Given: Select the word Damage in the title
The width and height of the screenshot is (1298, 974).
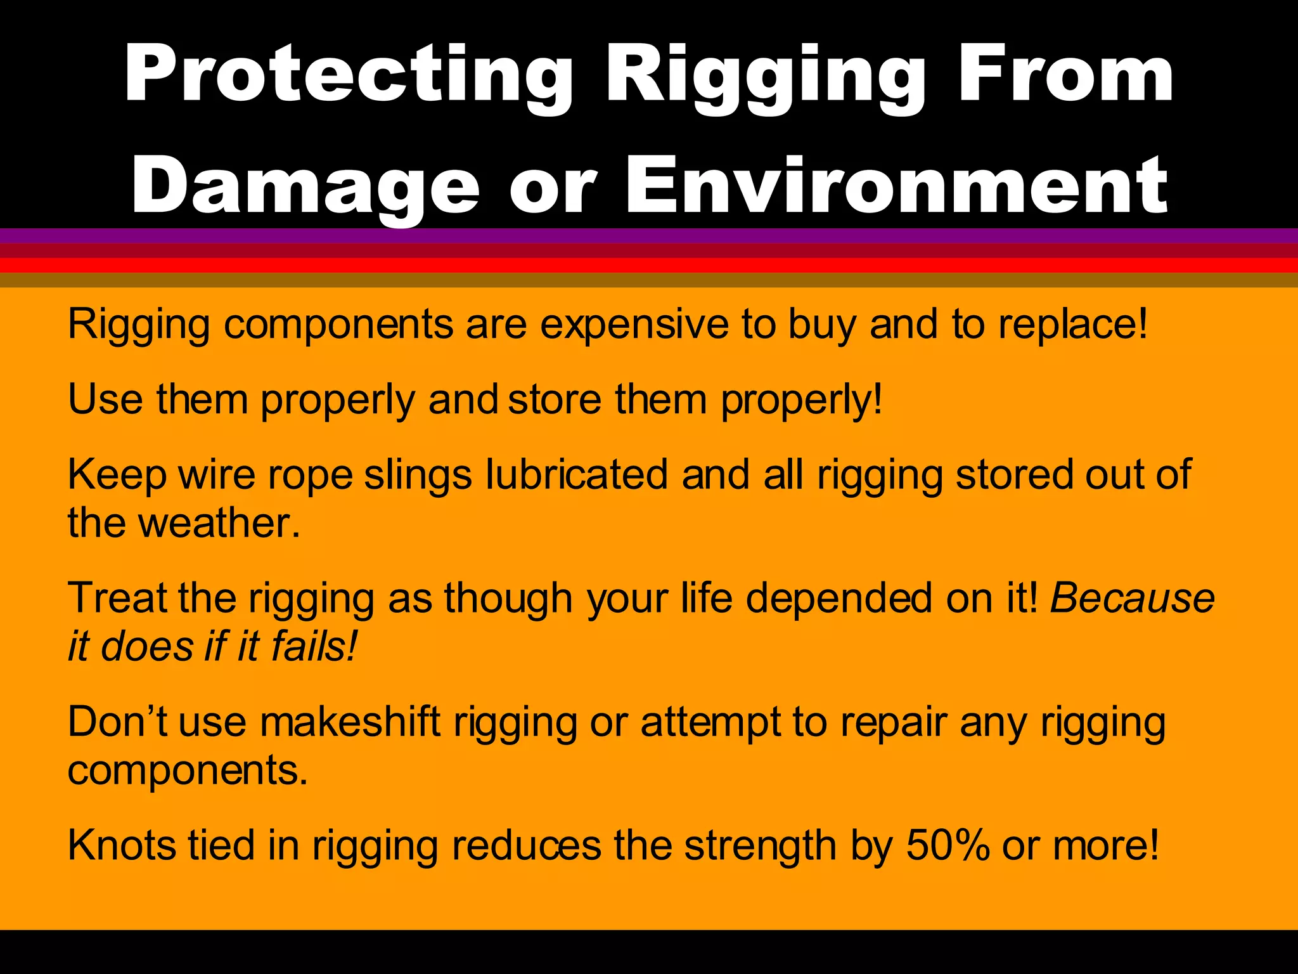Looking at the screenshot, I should click(x=305, y=186).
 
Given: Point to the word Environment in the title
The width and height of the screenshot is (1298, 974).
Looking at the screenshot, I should click(x=896, y=186).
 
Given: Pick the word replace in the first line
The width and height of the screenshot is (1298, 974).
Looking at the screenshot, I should click(x=1072, y=325).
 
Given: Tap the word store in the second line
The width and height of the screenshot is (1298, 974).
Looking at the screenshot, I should click(x=555, y=400).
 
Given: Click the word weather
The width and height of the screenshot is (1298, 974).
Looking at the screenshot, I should click(x=219, y=523).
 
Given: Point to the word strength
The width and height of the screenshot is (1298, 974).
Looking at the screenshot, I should click(x=761, y=845).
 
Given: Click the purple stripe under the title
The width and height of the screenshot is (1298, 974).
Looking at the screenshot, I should click(x=649, y=235).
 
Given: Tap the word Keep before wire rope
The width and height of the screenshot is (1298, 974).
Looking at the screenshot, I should click(x=117, y=474).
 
